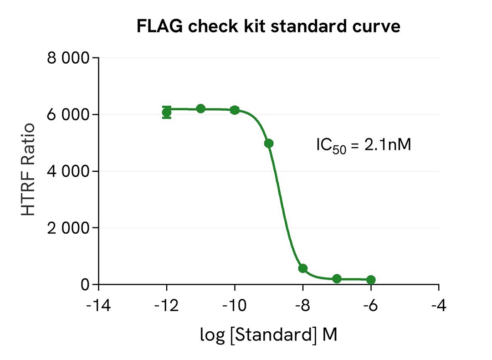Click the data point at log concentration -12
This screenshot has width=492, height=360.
pos(167,112)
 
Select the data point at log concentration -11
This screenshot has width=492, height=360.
pos(201,108)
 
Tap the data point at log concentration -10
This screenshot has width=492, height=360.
pos(235,110)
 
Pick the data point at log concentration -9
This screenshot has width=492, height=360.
pos(269,143)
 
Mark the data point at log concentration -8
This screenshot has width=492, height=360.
pos(303,268)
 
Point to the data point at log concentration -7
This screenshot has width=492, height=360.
pos(337,279)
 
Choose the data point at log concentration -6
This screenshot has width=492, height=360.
pos(371,280)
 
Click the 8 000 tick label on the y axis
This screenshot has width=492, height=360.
pos(67,58)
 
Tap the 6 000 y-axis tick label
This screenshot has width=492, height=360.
pos(67,115)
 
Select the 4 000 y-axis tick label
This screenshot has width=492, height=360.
pos(67,171)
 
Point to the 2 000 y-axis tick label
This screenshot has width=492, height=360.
pos(67,228)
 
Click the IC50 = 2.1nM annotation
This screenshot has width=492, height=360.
pos(364,145)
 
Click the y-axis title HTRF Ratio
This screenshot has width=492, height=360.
pos(29,170)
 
